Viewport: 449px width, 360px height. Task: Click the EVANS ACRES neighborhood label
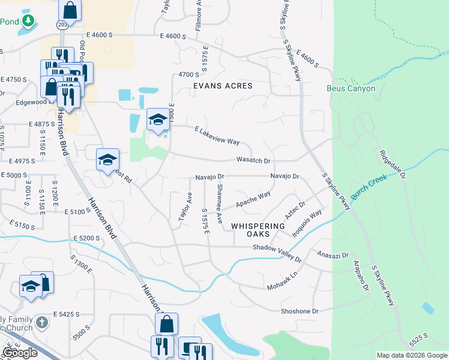(x=223, y=86)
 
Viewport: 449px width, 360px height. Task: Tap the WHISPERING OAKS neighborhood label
(x=258, y=230)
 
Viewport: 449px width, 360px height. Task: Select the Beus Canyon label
(x=351, y=88)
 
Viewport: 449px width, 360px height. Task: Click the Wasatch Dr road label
(x=253, y=161)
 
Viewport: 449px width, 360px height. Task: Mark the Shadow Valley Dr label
(x=277, y=253)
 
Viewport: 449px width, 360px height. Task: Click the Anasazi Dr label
(x=333, y=254)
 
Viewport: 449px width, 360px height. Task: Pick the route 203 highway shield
(x=62, y=25)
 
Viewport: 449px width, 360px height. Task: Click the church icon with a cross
(x=41, y=323)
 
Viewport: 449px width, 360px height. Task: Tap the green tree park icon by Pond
(x=28, y=22)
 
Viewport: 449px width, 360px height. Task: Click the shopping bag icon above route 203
(x=70, y=10)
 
